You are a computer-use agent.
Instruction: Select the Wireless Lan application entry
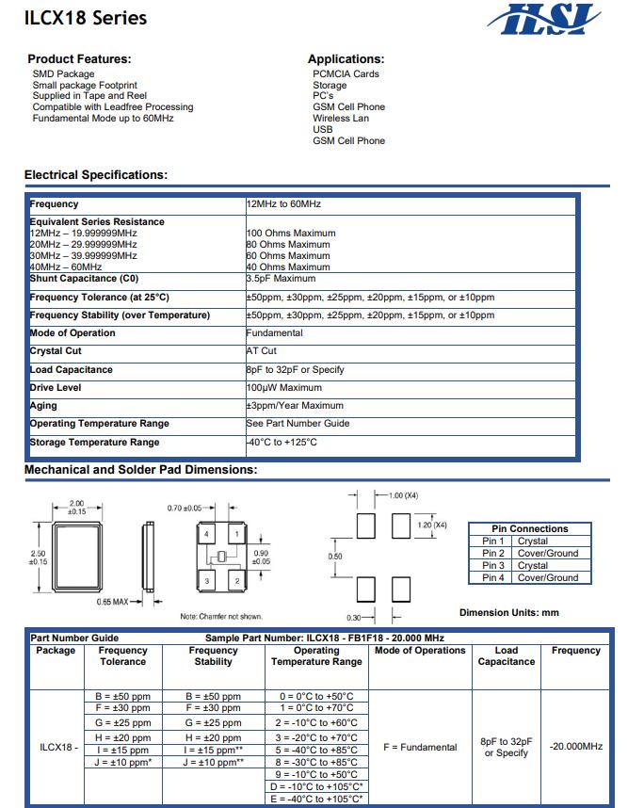(x=341, y=119)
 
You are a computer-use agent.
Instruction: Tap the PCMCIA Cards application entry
(x=346, y=74)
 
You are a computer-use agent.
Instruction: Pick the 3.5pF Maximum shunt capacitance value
(x=281, y=279)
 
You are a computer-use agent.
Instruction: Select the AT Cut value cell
(x=261, y=351)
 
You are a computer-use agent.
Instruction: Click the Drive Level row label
(x=56, y=388)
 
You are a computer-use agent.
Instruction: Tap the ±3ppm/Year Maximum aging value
(x=295, y=406)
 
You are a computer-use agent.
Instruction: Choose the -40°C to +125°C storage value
(x=282, y=443)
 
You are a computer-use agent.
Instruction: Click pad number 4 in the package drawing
(x=207, y=535)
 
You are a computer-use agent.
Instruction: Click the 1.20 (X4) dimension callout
(x=430, y=525)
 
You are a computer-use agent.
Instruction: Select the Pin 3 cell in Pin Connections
(x=493, y=566)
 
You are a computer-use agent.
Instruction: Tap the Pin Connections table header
(x=530, y=529)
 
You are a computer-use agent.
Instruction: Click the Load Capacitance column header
(x=506, y=656)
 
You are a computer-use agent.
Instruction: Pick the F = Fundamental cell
(x=420, y=748)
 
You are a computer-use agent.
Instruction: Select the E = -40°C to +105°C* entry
(x=316, y=799)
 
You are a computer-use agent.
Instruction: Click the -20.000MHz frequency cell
(x=575, y=747)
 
